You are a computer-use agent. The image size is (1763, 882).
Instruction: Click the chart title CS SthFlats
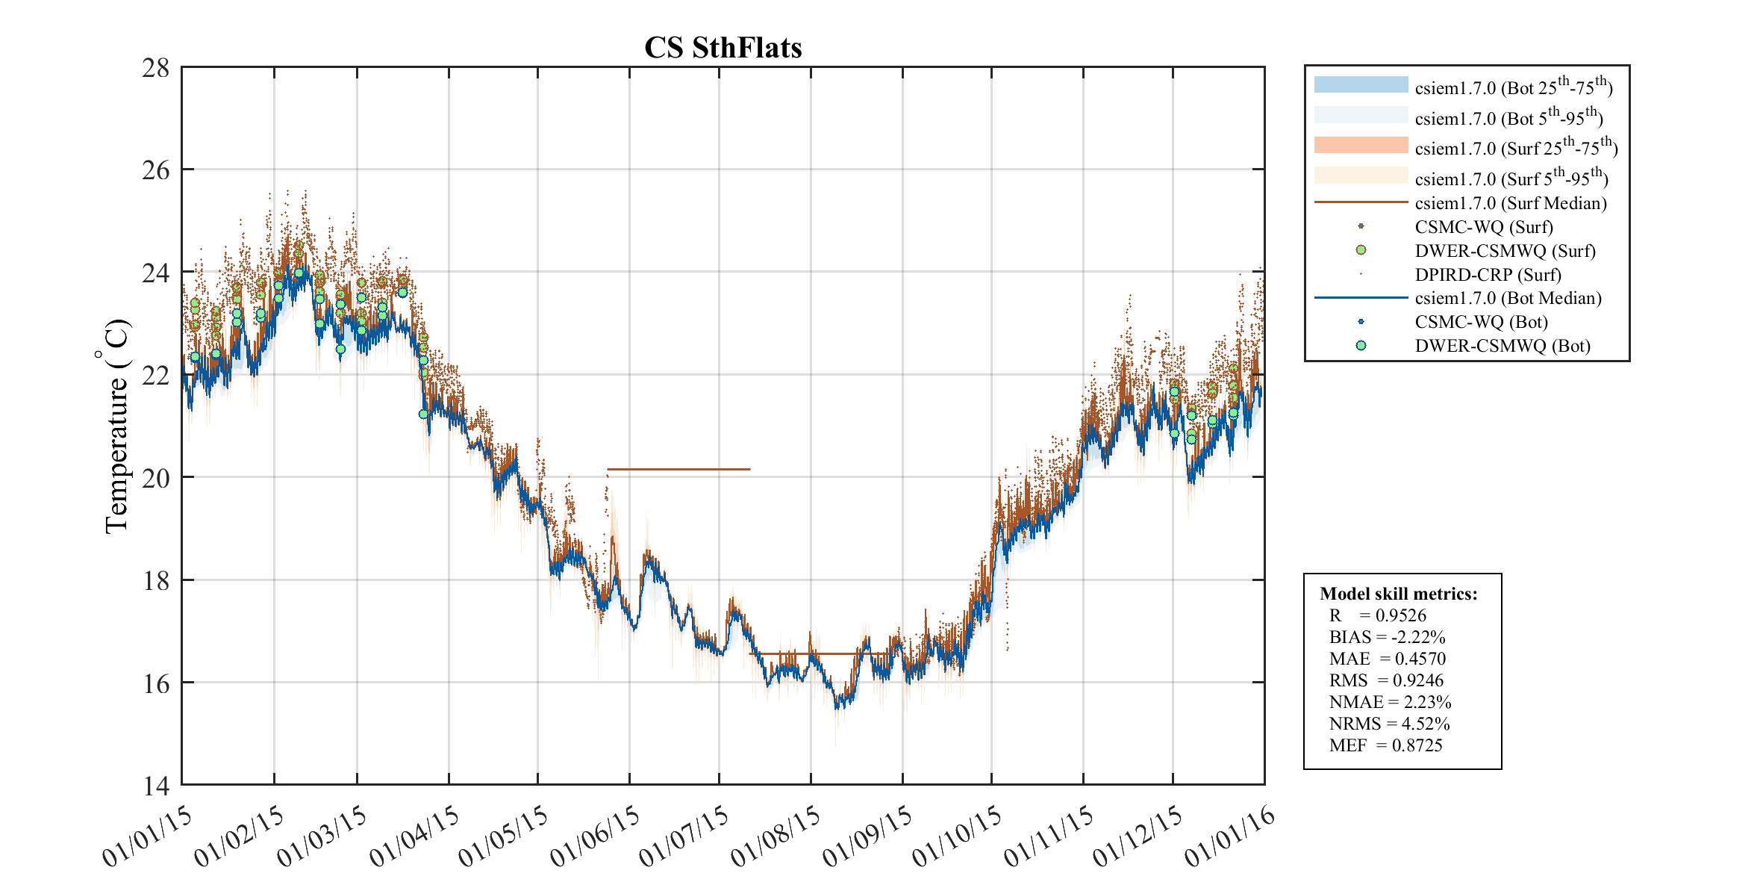723,48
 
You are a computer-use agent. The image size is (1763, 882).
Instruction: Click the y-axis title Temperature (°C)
116,426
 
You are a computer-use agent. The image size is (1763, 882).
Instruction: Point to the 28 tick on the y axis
156,68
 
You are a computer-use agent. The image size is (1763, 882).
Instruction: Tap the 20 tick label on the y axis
156,478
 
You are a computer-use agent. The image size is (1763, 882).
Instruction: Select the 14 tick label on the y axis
156,786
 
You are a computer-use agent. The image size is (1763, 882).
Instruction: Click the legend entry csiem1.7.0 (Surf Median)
1510,203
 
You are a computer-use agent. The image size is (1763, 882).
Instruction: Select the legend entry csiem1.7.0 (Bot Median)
1508,298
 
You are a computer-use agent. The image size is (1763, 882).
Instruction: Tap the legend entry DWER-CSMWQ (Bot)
1502,346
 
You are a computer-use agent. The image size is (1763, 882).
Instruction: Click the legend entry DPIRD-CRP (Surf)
1488,275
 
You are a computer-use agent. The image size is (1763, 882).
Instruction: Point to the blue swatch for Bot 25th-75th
1361,84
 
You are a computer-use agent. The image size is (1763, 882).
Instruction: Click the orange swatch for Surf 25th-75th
1361,145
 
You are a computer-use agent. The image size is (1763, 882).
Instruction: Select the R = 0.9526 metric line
1377,615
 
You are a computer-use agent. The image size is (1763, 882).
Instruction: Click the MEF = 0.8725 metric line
1385,745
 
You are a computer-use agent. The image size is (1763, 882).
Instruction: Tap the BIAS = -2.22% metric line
1387,637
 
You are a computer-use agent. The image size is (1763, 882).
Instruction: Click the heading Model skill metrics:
1398,594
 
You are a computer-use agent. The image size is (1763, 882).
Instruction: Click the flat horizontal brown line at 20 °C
678,469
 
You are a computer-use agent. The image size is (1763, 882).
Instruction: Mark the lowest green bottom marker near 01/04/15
423,414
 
